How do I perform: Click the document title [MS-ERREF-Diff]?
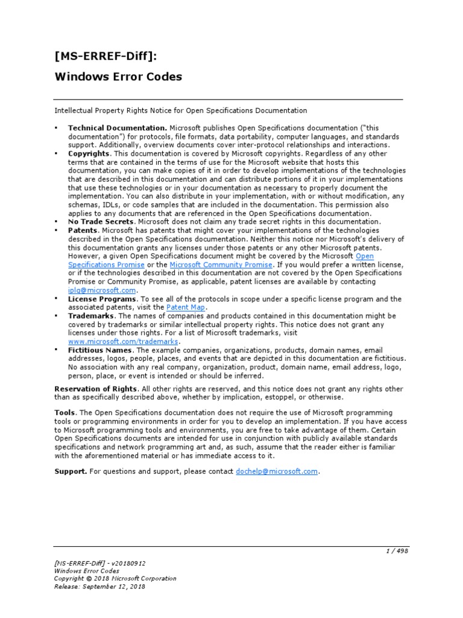[x=107, y=57]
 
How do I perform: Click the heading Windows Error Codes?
[x=118, y=77]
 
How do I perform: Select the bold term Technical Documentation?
[x=117, y=128]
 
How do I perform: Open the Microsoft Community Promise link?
[x=221, y=264]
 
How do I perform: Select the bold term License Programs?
[x=102, y=299]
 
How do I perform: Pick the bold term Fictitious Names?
[x=101, y=349]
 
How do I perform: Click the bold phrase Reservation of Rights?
[x=96, y=388]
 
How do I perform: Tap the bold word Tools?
[x=65, y=412]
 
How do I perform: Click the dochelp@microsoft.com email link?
[x=277, y=471]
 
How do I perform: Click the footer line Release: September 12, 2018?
[x=99, y=586]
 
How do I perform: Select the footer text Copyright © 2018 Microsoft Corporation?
[x=115, y=578]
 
